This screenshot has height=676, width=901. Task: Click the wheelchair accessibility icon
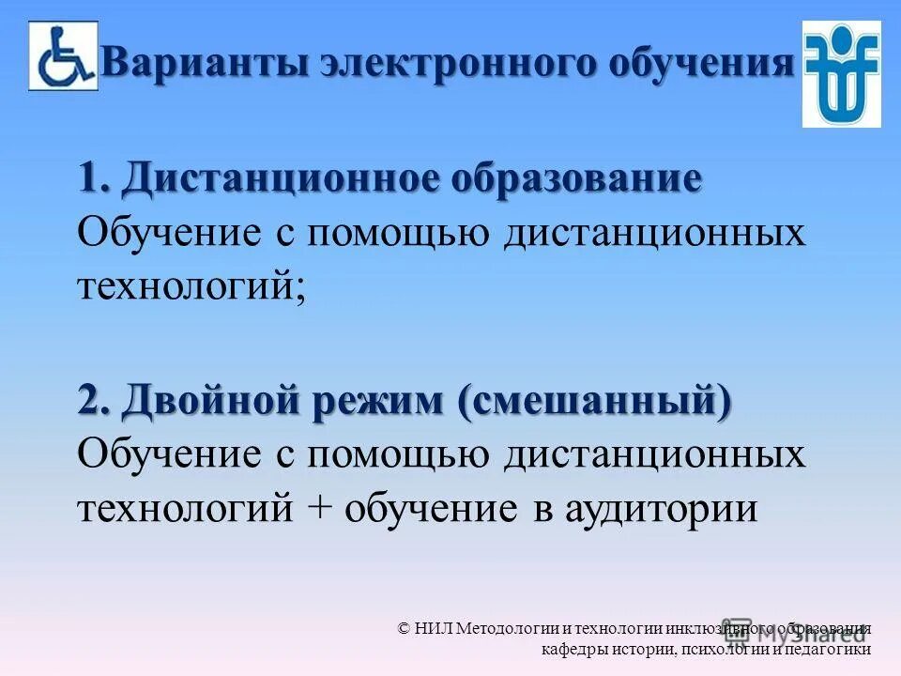[63, 55]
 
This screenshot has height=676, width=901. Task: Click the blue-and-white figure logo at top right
[841, 73]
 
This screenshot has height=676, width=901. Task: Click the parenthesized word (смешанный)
[595, 401]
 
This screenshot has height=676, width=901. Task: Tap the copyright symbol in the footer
[404, 628]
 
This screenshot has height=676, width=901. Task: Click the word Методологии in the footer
[512, 628]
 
